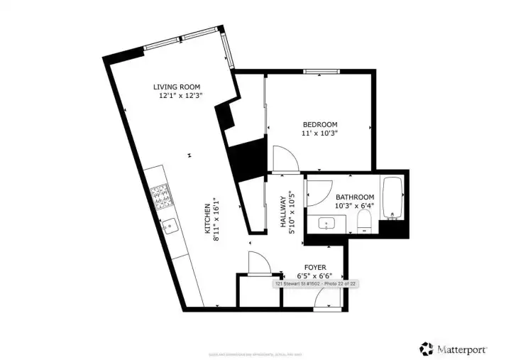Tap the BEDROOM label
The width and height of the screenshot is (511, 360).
(x=320, y=124)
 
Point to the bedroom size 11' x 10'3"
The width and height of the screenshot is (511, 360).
(x=320, y=133)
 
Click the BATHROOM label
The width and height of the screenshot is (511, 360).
(x=355, y=197)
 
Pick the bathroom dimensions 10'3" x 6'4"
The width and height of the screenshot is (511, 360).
(x=355, y=206)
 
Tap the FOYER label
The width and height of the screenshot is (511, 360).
(x=310, y=267)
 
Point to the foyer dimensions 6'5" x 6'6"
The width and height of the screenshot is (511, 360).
(x=310, y=276)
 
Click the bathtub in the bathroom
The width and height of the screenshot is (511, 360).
(x=392, y=197)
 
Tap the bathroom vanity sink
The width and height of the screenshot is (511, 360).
(x=327, y=224)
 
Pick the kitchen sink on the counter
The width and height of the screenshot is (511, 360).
(x=170, y=227)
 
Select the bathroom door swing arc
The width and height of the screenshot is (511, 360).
(x=318, y=192)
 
